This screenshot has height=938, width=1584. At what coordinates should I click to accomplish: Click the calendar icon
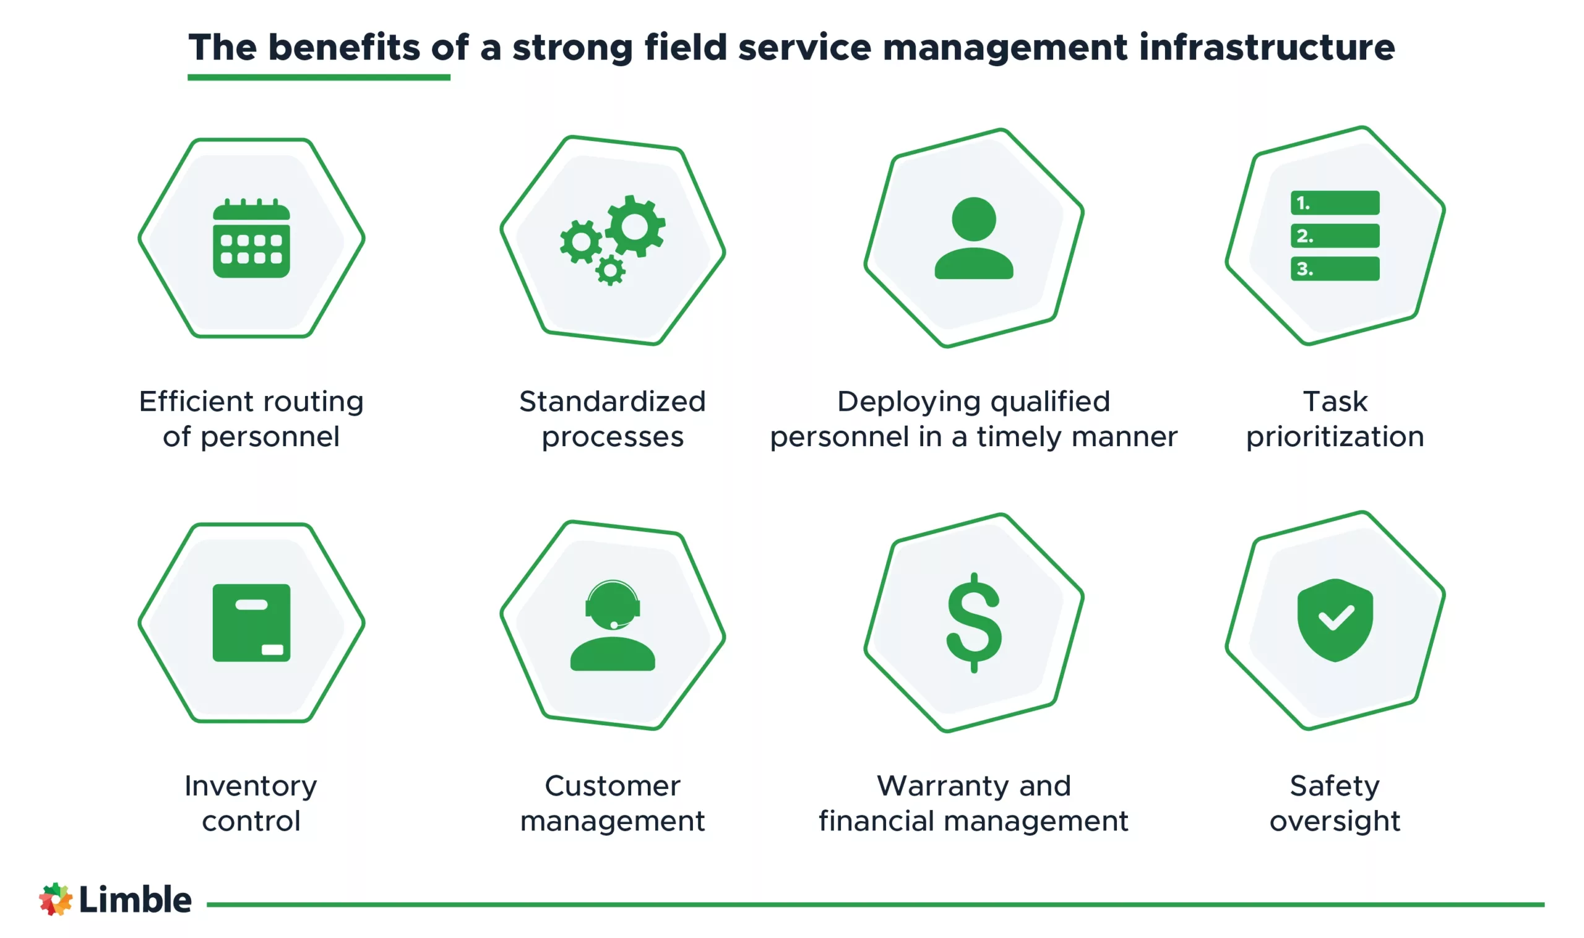251,239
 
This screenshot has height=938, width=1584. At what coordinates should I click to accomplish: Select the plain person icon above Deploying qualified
973,238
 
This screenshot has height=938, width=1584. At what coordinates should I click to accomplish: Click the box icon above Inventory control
251,622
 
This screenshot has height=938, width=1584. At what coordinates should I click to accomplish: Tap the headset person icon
613,626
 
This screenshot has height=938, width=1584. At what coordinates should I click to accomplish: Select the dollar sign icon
973,623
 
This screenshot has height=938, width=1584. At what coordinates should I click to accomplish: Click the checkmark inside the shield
1335,618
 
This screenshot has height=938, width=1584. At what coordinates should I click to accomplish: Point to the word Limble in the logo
135,900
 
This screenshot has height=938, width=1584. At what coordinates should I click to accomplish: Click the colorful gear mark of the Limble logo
56,899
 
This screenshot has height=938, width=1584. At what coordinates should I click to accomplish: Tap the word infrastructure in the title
1266,48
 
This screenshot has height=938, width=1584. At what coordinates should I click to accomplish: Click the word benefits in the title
344,48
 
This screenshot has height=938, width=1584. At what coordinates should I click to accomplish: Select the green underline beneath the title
319,77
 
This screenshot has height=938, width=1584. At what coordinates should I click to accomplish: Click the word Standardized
612,402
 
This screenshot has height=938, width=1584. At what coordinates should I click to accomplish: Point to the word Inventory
251,786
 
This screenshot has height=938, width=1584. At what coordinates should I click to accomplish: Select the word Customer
612,786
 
